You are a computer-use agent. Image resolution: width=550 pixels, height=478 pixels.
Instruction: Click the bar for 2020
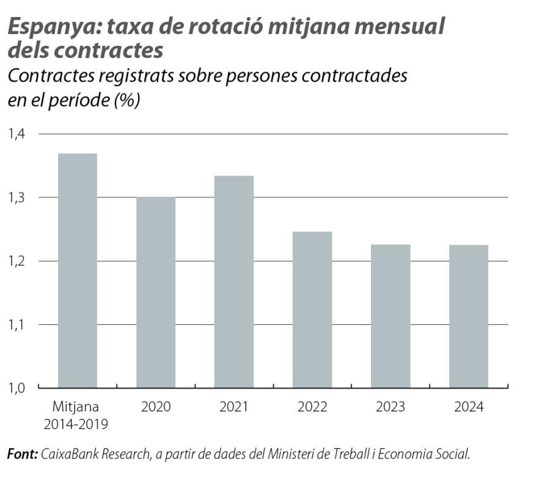(x=155, y=292)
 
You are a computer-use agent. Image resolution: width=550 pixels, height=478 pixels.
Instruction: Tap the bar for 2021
(x=233, y=281)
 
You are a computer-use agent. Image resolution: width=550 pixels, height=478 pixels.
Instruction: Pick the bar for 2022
(x=312, y=310)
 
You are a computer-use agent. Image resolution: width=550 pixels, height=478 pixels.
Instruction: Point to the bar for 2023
(x=391, y=316)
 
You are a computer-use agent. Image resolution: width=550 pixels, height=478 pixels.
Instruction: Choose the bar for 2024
(x=469, y=316)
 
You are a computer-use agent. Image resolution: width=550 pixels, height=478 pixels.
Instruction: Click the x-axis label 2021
(x=233, y=407)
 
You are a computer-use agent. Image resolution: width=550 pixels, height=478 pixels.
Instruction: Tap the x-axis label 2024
(x=469, y=407)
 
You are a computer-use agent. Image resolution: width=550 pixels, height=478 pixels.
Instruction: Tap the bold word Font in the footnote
(x=23, y=454)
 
